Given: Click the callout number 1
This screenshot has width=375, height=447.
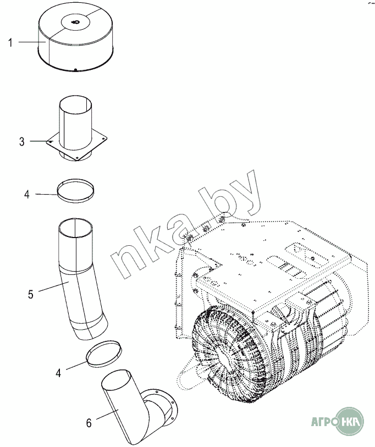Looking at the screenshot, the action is click(10, 43).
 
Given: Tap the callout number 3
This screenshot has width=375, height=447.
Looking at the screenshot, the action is click(22, 142).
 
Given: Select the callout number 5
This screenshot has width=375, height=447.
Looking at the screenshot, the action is click(31, 294).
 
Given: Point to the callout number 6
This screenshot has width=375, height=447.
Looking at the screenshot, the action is click(89, 423).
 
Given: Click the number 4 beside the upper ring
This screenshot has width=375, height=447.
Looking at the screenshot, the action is click(27, 195).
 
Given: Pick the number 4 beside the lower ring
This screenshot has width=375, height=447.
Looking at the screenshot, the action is click(58, 373).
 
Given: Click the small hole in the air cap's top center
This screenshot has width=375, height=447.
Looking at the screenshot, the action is click(75, 22).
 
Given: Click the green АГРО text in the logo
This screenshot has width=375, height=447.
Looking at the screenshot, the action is click(323, 421).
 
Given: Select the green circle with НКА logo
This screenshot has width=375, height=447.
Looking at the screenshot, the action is click(350, 421).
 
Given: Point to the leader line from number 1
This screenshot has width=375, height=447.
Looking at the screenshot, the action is click(32, 42).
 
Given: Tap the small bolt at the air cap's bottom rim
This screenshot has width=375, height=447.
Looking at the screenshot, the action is click(75, 70).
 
